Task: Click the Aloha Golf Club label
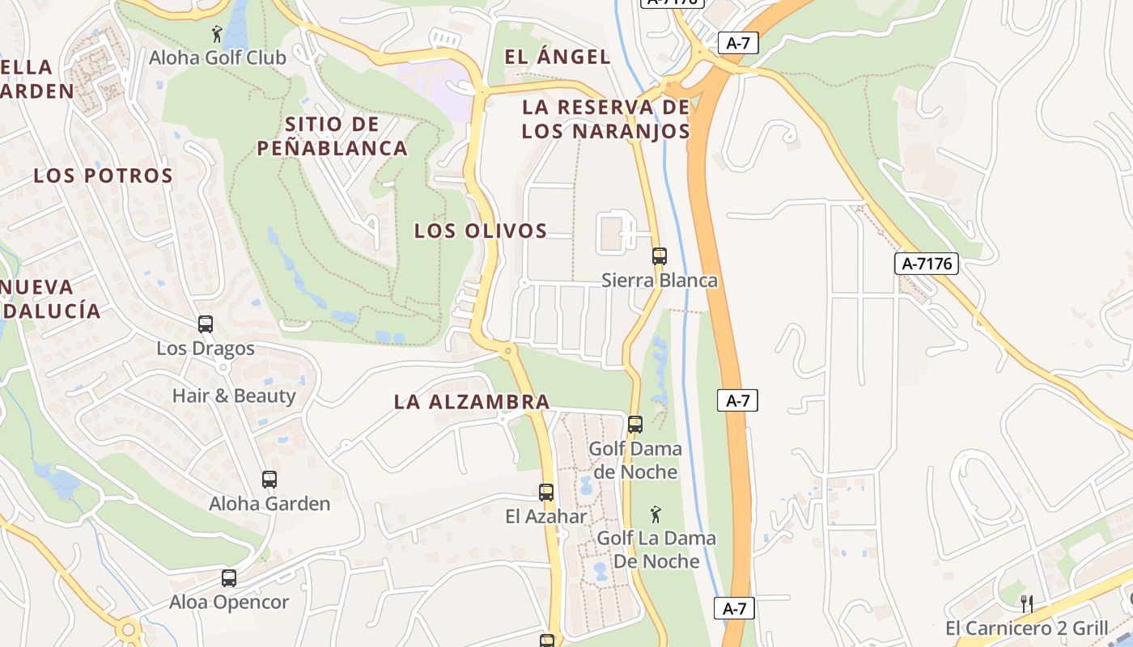217,58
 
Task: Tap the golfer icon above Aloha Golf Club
217,34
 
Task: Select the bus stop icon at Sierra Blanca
660,256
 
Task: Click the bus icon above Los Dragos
206,324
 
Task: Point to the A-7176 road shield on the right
927,263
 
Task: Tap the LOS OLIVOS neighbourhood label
481,230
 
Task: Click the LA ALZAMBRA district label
472,401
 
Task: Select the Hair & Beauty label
234,395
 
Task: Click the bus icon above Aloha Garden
269,480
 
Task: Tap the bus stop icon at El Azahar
546,493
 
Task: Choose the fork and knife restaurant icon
1027,603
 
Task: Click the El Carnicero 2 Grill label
1026,628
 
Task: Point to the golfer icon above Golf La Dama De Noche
656,514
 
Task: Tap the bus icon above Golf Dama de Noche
635,425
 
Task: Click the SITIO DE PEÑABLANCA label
332,136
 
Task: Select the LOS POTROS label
103,175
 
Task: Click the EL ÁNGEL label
558,57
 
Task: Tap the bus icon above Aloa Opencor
229,578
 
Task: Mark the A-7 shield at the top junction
737,44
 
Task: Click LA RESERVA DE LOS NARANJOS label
605,119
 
